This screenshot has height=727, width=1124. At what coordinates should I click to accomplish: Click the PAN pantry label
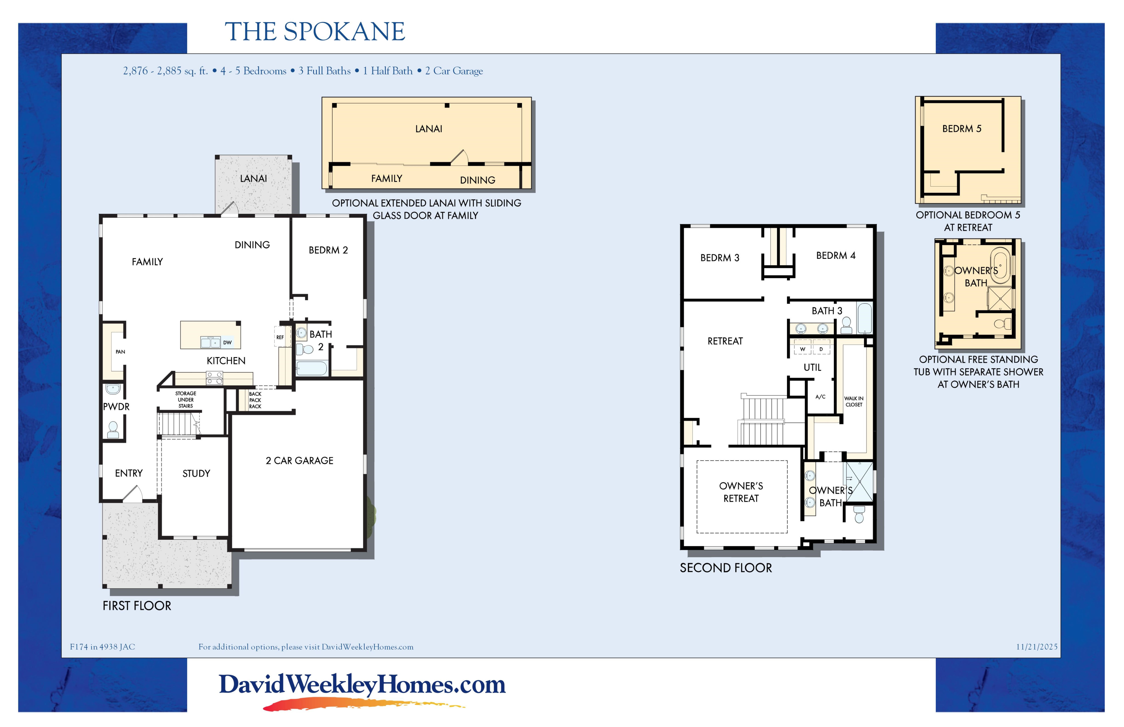coord(120,352)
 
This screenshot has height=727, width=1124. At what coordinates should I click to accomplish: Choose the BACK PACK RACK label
coord(255,400)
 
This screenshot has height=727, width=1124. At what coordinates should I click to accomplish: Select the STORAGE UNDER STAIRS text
coord(186,399)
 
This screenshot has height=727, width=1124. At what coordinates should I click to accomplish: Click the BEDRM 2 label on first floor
coord(328,250)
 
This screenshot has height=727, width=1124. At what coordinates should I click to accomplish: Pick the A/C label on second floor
coord(820,397)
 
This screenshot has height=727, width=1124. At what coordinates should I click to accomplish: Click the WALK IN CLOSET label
coord(854,401)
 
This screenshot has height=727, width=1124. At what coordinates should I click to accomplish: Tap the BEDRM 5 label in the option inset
coord(962,129)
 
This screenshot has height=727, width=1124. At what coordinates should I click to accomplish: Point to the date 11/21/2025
coord(1037,647)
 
